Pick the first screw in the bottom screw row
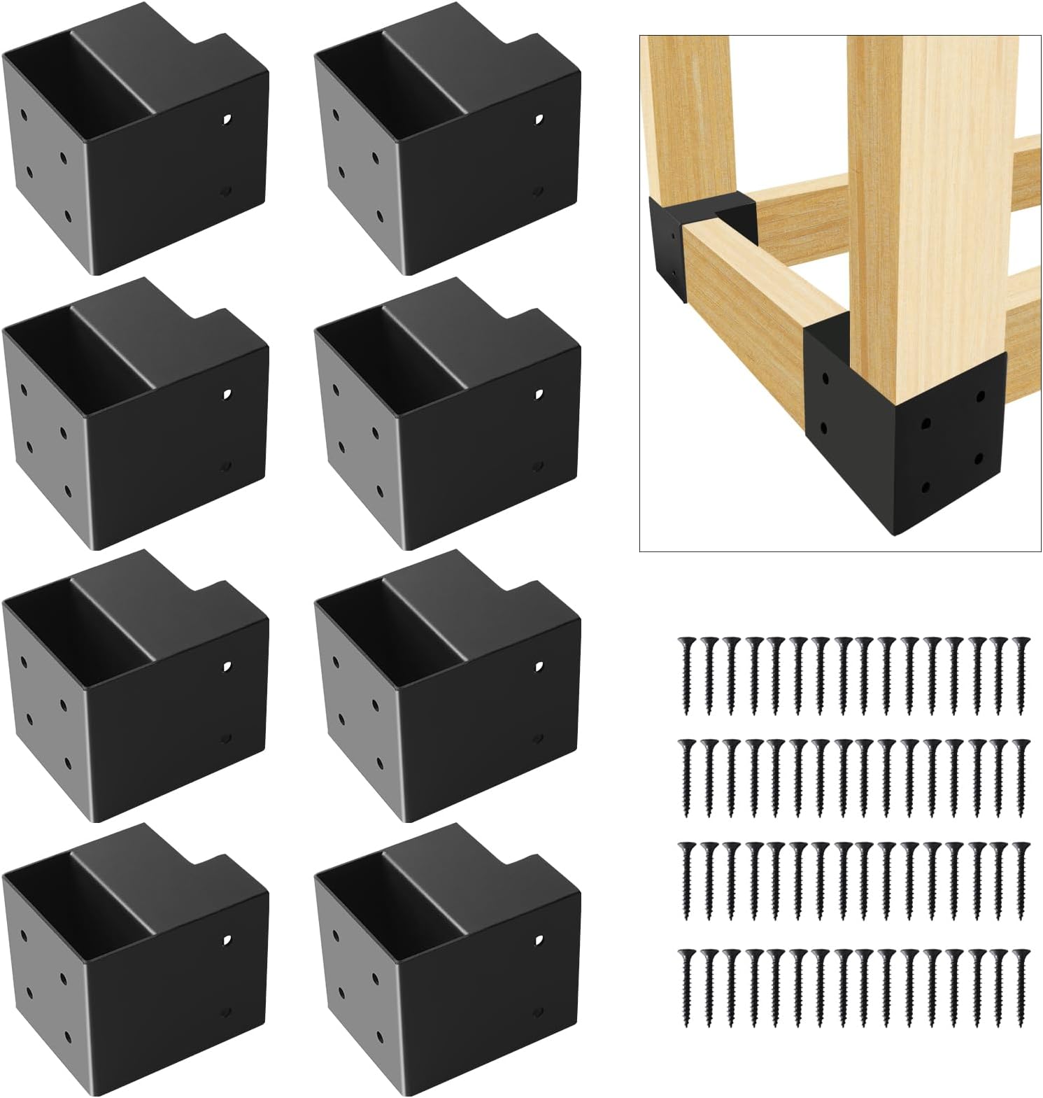coord(686,987)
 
